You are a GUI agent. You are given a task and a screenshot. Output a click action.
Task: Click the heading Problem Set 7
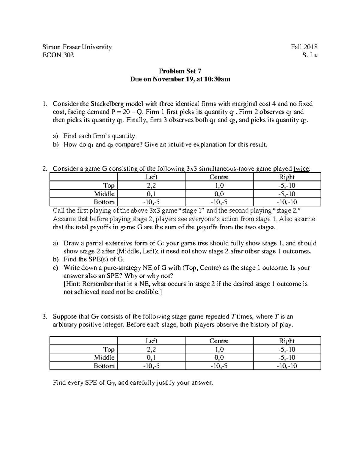[x=180, y=71]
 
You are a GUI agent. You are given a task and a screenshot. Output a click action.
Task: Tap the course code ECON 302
[x=58, y=55]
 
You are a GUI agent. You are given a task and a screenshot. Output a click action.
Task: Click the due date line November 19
[x=180, y=80]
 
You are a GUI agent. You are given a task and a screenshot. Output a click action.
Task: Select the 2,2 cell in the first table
[x=151, y=185]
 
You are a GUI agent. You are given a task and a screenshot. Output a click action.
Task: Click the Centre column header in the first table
[x=219, y=177]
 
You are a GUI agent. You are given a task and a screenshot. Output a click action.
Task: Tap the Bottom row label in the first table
[x=104, y=202]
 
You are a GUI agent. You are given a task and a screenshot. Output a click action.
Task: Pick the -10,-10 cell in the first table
[x=287, y=202]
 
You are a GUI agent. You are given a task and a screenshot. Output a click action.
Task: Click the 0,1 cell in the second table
[x=151, y=358]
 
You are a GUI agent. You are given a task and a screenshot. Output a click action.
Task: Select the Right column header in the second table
[x=287, y=341]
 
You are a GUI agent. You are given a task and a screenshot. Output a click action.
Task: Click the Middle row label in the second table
[x=104, y=358]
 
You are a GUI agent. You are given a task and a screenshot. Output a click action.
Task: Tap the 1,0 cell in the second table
[x=219, y=349]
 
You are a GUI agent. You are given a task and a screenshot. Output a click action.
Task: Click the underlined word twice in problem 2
[x=301, y=169]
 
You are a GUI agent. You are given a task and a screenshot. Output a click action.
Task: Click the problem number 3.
[x=44, y=317]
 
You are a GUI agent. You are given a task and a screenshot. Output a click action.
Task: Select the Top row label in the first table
[x=109, y=185]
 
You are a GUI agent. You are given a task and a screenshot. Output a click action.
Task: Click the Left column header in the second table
[x=151, y=341]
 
